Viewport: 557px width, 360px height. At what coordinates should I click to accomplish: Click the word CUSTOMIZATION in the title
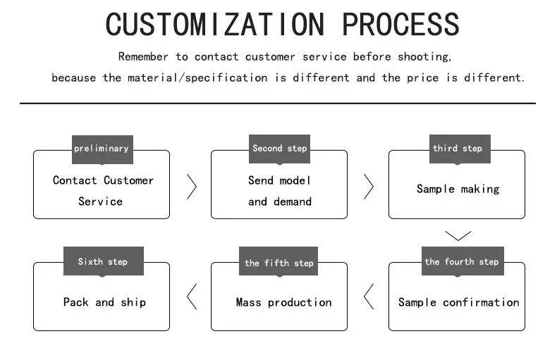(215, 24)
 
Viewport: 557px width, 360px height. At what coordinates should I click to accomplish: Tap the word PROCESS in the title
(400, 24)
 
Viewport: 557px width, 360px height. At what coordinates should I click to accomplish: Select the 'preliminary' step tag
(102, 149)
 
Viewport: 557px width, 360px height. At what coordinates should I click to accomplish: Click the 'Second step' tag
(279, 149)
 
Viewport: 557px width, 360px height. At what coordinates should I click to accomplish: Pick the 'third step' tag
(460, 149)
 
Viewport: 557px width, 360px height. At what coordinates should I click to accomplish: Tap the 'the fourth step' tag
(463, 261)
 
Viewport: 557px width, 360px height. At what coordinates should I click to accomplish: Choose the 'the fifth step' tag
(278, 261)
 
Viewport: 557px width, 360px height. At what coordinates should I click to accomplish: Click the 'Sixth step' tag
(104, 261)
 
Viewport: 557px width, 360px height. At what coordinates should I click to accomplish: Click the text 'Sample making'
(458, 189)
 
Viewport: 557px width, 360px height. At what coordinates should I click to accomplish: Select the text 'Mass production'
(283, 302)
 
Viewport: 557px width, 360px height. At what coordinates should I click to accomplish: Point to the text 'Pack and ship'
(104, 302)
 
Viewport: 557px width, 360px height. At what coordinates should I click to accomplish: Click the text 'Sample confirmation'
(458, 302)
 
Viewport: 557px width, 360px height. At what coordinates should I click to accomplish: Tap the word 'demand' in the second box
(293, 201)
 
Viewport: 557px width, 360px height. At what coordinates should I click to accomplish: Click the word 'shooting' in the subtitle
(424, 57)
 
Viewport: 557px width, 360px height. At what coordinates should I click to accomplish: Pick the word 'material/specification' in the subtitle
(197, 77)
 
